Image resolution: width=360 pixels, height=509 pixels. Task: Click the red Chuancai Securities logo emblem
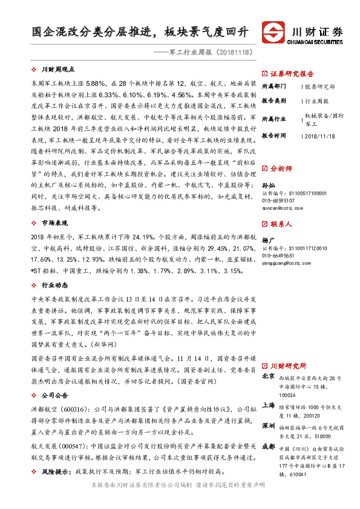(x=273, y=31)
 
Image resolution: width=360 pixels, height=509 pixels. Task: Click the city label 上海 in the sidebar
(x=269, y=406)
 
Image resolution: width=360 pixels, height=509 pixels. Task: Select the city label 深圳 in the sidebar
(x=269, y=426)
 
